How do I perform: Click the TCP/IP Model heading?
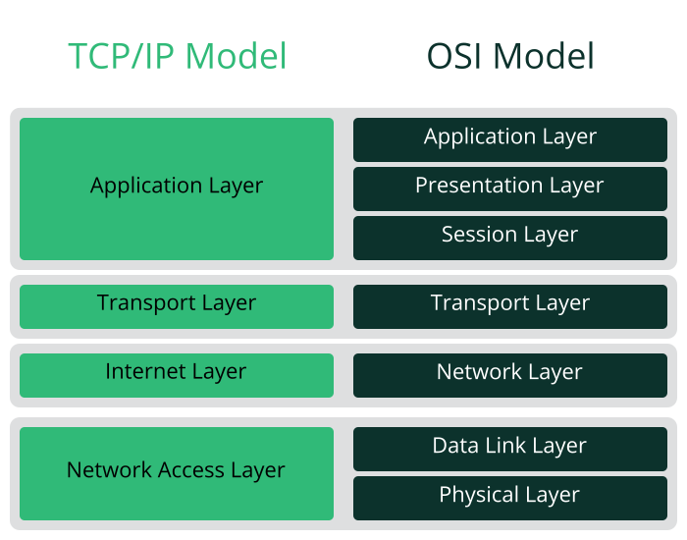(178, 56)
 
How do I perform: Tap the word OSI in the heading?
(452, 56)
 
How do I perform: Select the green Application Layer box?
(177, 189)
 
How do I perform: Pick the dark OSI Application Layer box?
(509, 139)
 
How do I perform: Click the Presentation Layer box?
(509, 188)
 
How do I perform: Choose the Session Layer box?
(509, 237)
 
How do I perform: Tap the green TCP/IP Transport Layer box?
(177, 305)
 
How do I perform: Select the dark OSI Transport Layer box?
(509, 305)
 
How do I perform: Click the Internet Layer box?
(177, 374)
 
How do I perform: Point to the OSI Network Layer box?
(509, 374)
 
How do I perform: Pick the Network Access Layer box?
(177, 472)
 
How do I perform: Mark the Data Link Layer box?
(509, 448)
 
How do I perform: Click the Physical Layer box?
(509, 497)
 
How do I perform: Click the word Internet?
(143, 372)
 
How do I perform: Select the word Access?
(192, 470)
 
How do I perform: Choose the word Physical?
(477, 495)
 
